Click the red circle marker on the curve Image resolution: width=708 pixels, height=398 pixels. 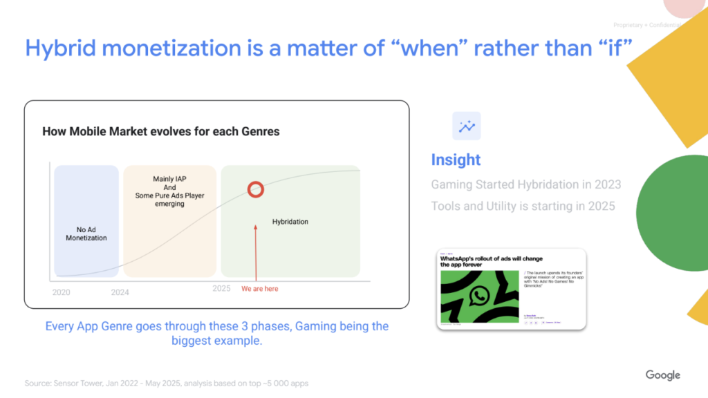pos(256,189)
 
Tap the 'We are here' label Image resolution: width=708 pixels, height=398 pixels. pos(260,289)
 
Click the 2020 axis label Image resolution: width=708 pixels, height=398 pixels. pos(62,292)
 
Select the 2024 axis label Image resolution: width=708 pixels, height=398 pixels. pos(120,292)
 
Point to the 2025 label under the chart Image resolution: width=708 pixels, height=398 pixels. pos(221,288)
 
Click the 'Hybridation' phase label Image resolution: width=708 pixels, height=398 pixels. pos(290,222)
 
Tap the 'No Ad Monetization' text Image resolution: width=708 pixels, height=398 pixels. pos(86,234)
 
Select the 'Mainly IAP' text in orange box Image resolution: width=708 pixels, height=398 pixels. pos(169,179)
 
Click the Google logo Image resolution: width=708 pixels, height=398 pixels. pos(662,375)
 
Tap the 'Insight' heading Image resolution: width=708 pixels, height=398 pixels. pos(456,160)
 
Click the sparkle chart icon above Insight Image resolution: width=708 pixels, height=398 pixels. pos(467,126)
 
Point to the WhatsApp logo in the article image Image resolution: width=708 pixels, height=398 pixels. pos(478,296)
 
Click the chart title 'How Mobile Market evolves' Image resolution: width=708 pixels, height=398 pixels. pos(160,131)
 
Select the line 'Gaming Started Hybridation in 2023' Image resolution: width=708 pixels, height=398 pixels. pos(525,184)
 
